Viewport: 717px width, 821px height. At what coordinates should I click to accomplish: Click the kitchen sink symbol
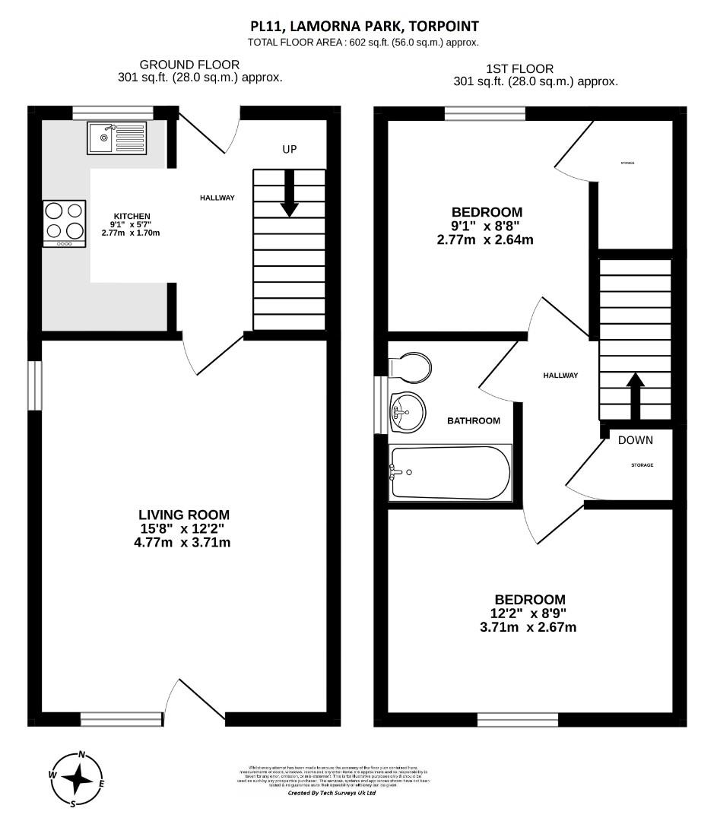point(110,138)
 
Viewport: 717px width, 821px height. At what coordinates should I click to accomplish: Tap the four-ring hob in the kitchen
point(64,223)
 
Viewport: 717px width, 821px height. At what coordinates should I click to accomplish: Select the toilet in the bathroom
point(411,365)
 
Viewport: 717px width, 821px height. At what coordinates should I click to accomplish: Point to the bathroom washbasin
point(405,412)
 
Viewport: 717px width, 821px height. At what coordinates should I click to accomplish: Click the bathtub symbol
point(450,472)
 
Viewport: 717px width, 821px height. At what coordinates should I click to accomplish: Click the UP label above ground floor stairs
point(289,150)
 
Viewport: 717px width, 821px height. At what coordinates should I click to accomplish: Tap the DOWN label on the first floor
point(635,440)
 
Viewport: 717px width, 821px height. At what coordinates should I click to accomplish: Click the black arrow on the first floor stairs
point(635,395)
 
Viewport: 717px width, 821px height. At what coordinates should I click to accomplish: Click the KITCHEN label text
point(132,216)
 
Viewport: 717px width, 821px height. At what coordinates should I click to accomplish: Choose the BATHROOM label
point(473,420)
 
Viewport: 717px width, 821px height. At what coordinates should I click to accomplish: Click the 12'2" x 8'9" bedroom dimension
point(529,613)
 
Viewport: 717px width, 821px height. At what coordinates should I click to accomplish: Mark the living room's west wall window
point(35,385)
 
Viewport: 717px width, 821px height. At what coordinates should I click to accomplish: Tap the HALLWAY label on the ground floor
point(217,198)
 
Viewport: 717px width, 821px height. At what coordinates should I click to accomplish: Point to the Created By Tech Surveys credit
point(332,793)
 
